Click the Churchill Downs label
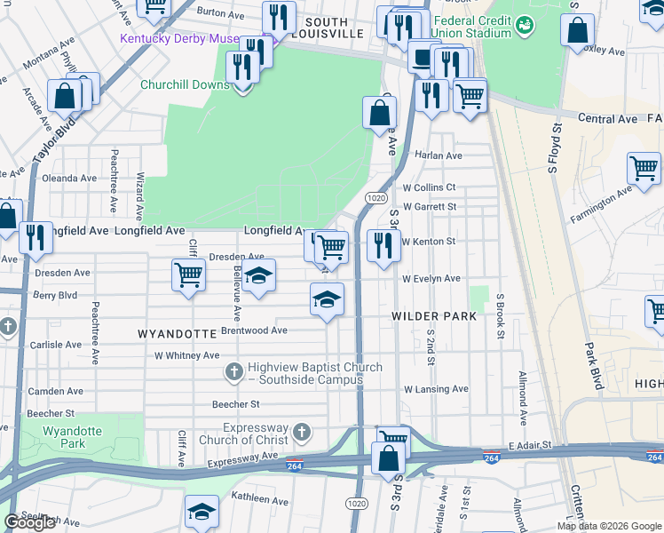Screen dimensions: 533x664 click(x=186, y=86)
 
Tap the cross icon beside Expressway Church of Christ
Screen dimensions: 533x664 click(x=302, y=433)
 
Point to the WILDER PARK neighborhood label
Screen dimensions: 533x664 click(x=435, y=316)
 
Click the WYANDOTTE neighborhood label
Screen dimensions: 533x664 click(x=178, y=334)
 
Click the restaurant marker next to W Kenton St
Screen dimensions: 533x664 click(x=383, y=246)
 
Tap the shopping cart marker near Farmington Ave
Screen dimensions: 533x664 click(x=644, y=167)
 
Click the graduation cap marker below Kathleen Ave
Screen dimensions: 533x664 click(x=202, y=513)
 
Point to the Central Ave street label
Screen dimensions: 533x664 click(x=608, y=118)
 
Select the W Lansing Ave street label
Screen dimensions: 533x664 click(x=435, y=389)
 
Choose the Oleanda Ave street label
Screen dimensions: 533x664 click(x=69, y=178)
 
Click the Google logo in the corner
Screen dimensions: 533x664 click(x=30, y=523)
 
